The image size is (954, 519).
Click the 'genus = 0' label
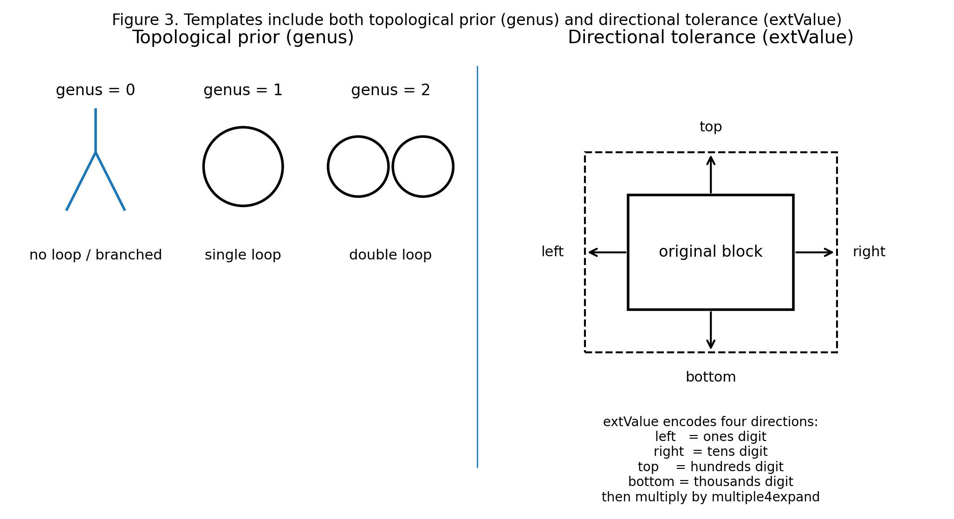point(95,90)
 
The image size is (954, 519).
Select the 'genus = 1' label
point(243,90)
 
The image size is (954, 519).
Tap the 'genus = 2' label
point(390,90)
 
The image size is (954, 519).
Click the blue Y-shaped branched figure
point(96,153)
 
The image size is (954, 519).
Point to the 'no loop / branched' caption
point(95,255)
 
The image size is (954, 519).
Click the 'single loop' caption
point(243,255)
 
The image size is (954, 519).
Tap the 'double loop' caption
point(390,255)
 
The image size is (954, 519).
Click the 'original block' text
point(710,252)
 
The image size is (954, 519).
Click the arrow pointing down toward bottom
point(710,330)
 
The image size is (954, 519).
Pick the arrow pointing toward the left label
point(607,253)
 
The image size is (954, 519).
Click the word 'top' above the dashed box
point(710,127)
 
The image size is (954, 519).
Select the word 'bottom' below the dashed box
point(710,377)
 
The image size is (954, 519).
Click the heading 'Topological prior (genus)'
point(243,38)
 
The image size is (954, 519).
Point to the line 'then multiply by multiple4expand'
point(710,497)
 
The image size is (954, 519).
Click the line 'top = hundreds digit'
point(710,467)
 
